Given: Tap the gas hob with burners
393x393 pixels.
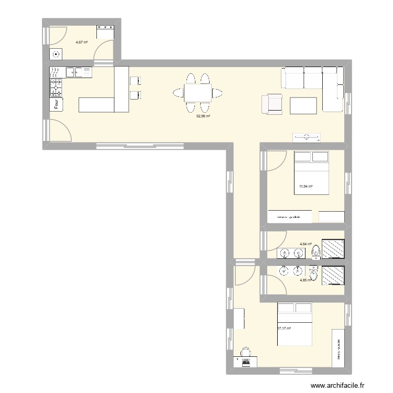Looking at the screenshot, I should click(x=56, y=88).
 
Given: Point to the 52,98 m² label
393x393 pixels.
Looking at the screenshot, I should click(x=203, y=117).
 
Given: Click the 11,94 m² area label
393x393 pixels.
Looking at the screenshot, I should click(x=306, y=186).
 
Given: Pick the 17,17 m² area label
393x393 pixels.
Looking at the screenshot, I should click(x=284, y=329).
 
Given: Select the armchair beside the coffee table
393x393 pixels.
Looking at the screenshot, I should click(x=271, y=104).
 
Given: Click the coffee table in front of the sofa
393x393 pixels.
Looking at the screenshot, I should click(x=303, y=105).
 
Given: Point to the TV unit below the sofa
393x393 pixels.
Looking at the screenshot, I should click(x=306, y=137).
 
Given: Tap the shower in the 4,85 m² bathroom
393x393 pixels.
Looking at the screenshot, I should click(x=332, y=276).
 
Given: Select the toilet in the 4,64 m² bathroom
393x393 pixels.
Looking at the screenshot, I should click(x=315, y=253).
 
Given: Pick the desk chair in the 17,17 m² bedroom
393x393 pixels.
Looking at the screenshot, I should click(x=245, y=352).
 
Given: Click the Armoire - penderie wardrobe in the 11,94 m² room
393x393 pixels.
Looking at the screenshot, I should click(x=289, y=216).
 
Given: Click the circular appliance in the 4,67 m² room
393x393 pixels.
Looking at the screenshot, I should click(x=57, y=53).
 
